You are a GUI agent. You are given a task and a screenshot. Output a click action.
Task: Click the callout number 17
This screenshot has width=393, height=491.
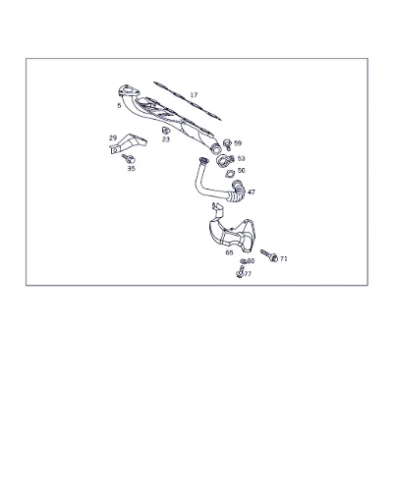tap(194, 95)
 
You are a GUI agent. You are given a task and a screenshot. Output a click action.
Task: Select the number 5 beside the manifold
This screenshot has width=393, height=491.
tap(119, 105)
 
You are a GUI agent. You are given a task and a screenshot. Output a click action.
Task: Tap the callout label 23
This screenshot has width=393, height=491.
tap(166, 139)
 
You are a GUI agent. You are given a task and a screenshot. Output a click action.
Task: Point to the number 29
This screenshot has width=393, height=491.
tap(113, 137)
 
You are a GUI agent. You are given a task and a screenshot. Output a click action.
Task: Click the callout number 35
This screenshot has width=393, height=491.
tap(132, 168)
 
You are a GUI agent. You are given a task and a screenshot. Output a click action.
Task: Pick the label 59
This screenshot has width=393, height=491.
tap(238, 143)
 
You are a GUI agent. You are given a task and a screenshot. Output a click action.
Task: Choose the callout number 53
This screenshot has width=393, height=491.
tap(241, 158)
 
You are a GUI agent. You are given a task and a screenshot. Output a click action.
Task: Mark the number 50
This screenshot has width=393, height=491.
tap(242, 170)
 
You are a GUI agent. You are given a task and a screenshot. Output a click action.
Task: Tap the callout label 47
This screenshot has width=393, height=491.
tap(252, 191)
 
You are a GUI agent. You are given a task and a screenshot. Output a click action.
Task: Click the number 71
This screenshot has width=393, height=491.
tap(284, 258)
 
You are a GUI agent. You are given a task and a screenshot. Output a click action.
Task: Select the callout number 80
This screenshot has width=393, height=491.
tap(251, 261)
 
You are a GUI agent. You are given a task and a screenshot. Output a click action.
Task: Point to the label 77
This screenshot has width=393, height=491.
tap(248, 274)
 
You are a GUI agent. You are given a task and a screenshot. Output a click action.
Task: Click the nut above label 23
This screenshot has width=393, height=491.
tap(166, 131)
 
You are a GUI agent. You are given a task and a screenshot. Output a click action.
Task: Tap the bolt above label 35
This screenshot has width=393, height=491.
tap(128, 158)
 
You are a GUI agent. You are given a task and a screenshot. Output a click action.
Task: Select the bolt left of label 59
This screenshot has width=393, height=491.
tap(227, 144)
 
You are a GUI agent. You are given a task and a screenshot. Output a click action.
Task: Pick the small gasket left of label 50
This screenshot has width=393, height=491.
tap(230, 174)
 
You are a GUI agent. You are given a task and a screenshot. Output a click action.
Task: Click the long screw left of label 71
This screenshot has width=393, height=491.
tap(269, 255)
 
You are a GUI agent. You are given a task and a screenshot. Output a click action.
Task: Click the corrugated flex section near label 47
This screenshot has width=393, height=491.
tap(237, 191)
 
